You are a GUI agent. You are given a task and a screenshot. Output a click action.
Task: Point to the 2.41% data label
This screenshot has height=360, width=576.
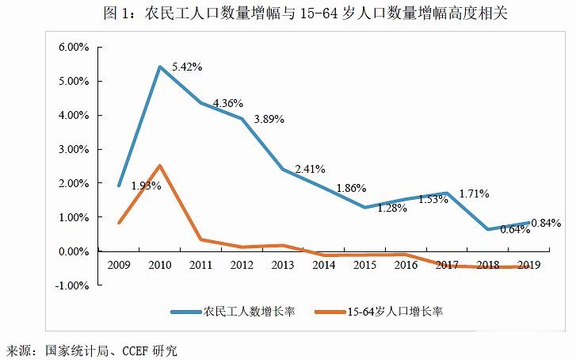point(311,169)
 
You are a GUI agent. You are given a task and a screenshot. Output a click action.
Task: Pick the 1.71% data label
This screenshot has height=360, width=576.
point(473,193)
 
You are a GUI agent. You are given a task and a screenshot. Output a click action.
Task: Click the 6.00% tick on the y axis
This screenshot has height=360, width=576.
point(73,48)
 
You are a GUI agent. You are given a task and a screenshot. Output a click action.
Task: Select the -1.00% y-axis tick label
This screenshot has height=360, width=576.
point(71,285)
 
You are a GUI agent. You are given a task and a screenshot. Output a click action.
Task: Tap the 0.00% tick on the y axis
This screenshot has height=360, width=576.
point(73,251)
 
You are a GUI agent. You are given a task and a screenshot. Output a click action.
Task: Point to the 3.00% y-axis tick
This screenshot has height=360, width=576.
point(73,149)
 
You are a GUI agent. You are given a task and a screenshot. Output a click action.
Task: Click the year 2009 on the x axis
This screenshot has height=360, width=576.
point(119,264)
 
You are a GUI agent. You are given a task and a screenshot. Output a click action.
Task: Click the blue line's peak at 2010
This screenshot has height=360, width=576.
point(160,67)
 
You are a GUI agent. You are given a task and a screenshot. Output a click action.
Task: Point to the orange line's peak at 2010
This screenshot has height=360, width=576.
point(160,166)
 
